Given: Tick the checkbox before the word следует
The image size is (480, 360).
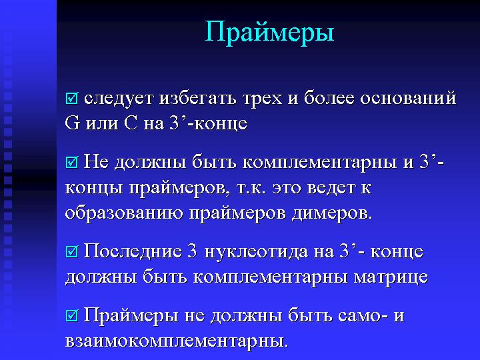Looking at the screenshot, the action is pos(72,99).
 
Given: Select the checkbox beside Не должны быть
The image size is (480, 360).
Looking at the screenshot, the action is pos(72,162).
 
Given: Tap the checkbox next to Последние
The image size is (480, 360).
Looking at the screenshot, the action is pos(72,251).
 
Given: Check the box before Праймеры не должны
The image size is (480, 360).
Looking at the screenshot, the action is pos(72,315).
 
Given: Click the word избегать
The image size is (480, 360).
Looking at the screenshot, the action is pos(197,98).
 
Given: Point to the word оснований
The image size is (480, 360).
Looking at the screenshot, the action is pos(408,98).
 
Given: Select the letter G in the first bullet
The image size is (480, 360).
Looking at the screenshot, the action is pos(72,123).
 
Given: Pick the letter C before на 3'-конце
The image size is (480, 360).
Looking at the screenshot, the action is pos(131,123).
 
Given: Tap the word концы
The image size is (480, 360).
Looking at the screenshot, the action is pos(94,188).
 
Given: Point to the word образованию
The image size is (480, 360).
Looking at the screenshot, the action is pos(124,213).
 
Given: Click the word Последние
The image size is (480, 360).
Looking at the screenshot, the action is pos(133,251).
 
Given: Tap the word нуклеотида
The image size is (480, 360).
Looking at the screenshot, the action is pos(255,251).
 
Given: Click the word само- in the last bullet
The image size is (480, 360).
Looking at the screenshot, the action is pos(364,316).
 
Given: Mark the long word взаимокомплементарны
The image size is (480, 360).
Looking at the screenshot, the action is pos(177,341).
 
